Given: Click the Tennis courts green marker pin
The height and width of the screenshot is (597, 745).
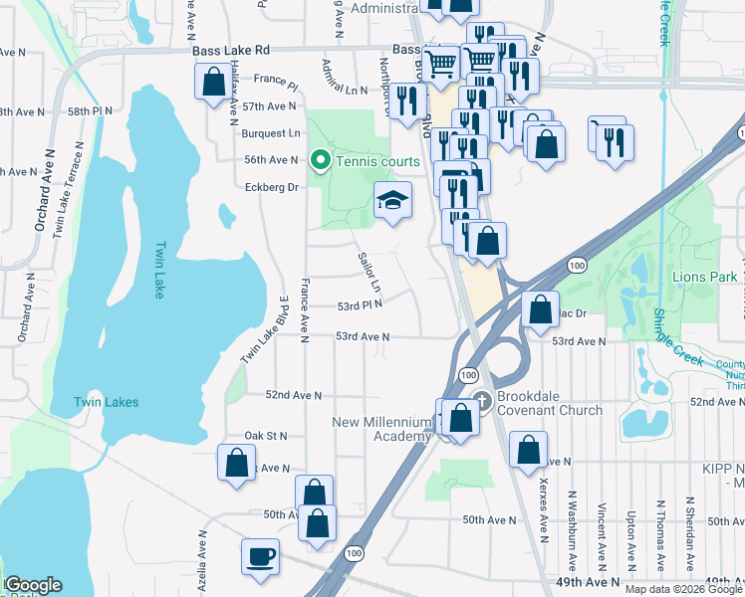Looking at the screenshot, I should (321, 160).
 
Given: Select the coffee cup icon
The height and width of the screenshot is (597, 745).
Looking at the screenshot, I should (261, 557).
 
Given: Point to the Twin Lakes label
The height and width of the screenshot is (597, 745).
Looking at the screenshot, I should (106, 402).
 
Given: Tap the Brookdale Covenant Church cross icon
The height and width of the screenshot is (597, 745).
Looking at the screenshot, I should (482, 401).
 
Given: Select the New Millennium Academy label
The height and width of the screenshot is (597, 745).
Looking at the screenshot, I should (383, 430).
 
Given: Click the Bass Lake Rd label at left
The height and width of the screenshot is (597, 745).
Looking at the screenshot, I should (234, 50).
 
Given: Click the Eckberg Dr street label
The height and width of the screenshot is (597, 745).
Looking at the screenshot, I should (272, 187).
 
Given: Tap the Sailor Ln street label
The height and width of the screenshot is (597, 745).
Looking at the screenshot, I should (370, 271).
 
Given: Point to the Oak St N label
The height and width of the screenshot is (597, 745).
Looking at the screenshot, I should (265, 436).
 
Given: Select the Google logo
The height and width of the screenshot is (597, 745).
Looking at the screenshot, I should (32, 585).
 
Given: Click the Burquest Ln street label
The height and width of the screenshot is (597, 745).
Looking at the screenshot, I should (271, 132).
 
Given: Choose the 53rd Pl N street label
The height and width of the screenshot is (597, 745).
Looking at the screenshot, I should (360, 305).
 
